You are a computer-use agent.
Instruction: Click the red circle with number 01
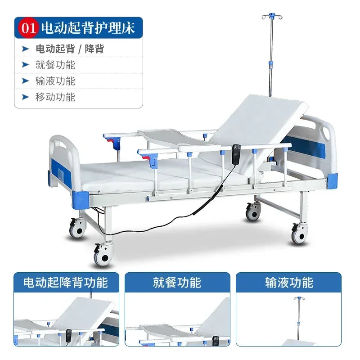coord(28,28)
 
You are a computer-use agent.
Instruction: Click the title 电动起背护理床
coord(88,28)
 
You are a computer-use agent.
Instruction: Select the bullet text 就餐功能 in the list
coord(55,65)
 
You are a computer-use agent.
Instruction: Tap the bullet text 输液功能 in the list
coord(55,81)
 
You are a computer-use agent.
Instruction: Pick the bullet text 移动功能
coord(55,97)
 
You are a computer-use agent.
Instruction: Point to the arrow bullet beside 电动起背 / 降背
coord(25,49)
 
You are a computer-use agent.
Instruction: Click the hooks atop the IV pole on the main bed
coord(272,16)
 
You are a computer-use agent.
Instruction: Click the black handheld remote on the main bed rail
coord(236,154)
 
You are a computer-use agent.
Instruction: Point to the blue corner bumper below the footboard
coord(81,199)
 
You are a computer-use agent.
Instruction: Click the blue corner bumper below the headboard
coord(332,181)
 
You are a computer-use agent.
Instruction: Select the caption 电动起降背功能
coord(66,283)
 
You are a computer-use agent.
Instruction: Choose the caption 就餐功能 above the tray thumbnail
coord(177,283)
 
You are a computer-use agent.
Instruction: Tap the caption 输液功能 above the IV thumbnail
coord(289,283)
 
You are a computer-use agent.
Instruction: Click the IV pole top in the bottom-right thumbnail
coord(298,299)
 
